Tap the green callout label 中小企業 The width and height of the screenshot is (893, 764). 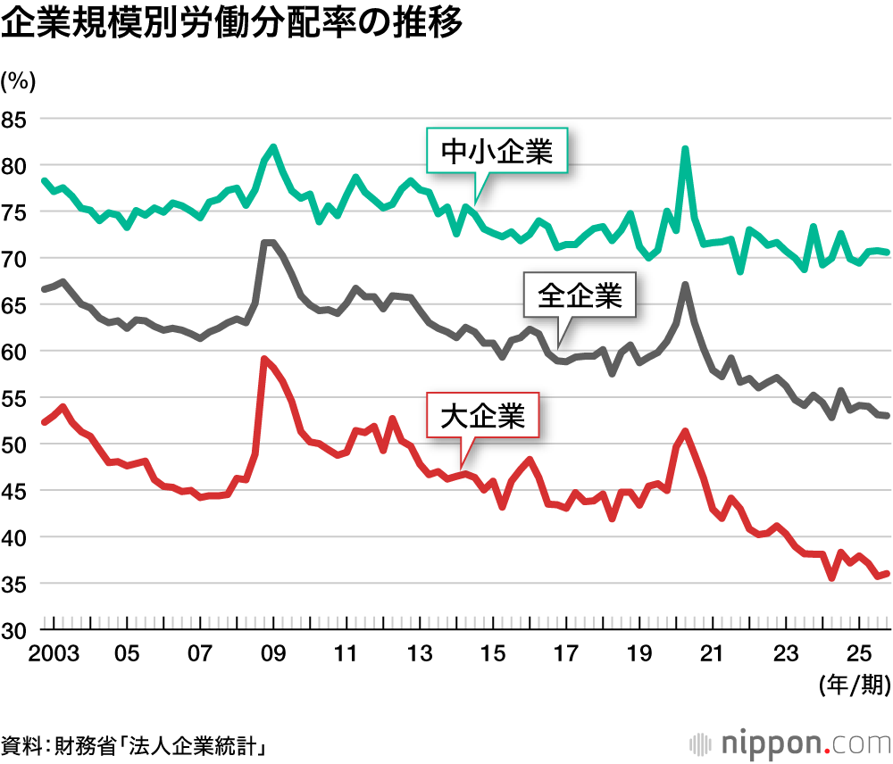pos(497,153)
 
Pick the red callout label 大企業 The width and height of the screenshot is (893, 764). pos(483,416)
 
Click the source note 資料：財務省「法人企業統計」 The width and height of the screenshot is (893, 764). pos(135,744)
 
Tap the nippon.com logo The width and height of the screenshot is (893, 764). pos(789,743)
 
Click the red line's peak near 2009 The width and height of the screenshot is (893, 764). pos(263,359)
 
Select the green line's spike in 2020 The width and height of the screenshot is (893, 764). pos(685,149)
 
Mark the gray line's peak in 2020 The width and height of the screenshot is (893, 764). pos(684,285)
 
